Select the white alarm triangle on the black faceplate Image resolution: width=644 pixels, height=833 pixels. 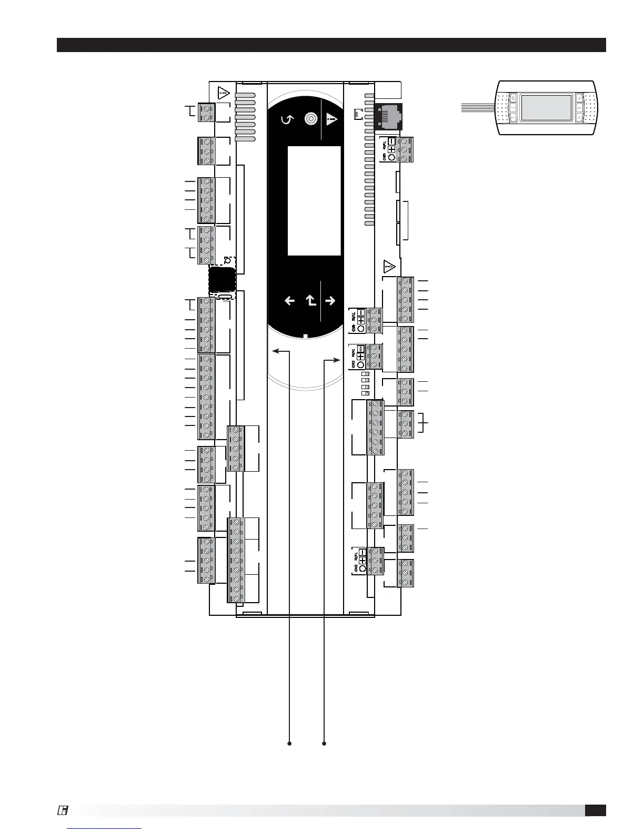coord(331,119)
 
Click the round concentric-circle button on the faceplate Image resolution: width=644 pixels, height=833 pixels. coord(311,119)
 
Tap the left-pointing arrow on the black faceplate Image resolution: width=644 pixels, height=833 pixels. coord(289,301)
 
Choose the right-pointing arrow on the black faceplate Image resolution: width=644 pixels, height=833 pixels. coord(330,301)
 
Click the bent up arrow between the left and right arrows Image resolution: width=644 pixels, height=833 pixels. coord(311,301)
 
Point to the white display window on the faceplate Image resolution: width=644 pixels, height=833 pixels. coord(314,200)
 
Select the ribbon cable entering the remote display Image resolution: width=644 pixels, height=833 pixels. coord(478,108)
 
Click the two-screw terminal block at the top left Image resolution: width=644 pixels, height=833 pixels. coord(206,112)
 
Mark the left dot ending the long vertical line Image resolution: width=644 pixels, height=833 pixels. coord(289,744)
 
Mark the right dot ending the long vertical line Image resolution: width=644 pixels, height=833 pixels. coord(324,744)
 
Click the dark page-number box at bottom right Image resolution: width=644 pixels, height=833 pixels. coord(595,810)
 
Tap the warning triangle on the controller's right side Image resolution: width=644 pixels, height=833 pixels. coord(389,267)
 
